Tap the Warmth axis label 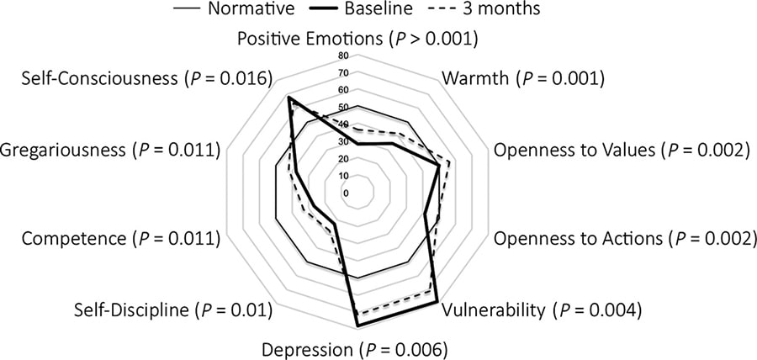tap(522, 80)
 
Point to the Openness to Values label tap(621, 151)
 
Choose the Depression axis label tap(354, 348)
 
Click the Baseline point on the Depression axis tap(357, 325)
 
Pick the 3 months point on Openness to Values tap(450, 163)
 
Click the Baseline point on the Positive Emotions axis tap(357, 144)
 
